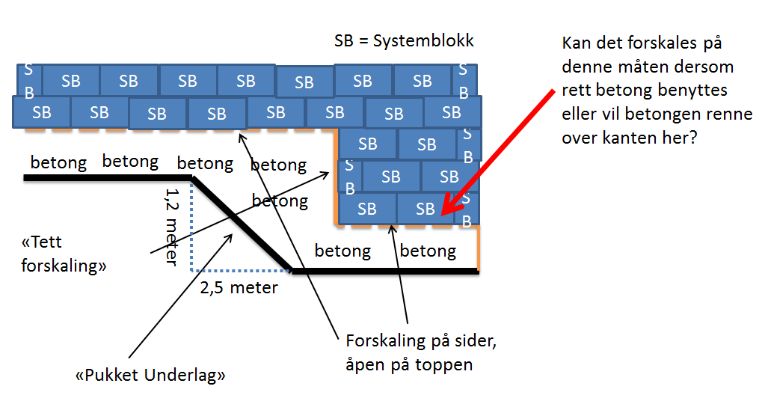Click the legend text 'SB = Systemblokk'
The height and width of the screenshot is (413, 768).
(404, 40)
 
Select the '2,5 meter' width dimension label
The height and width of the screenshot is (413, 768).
(239, 287)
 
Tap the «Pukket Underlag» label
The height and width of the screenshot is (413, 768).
(150, 376)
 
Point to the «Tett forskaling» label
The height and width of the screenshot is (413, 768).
(64, 254)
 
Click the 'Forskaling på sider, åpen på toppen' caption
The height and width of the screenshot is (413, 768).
(422, 353)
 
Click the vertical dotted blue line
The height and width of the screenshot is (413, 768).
(192, 224)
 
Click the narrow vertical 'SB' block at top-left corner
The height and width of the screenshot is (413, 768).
(29, 80)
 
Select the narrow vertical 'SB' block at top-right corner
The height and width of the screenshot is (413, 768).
(463, 81)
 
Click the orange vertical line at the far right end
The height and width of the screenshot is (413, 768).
(478, 247)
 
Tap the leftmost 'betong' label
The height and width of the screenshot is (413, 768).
(58, 162)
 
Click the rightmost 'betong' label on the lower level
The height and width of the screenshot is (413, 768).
(428, 251)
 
